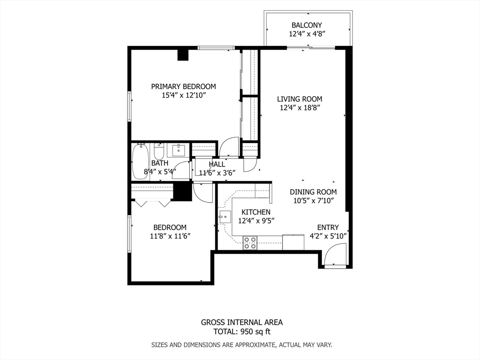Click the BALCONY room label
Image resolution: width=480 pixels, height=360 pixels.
307,25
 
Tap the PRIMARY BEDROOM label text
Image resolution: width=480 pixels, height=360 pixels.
183,87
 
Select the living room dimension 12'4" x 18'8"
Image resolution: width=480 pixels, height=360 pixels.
300,108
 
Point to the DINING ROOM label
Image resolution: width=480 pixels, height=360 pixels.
313,192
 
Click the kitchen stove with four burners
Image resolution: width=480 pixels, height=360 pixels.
250,243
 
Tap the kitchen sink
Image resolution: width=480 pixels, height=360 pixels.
225,217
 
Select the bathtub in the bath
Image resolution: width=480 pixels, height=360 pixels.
140,162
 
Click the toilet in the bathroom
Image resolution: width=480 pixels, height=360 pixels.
159,151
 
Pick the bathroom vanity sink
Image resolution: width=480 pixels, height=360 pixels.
179,150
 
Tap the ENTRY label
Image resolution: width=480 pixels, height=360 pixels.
328,227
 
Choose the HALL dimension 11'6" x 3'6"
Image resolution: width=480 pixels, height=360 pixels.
217,173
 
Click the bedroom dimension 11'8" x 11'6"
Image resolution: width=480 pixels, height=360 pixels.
170,236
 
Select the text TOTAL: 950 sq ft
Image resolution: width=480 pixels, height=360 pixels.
242,331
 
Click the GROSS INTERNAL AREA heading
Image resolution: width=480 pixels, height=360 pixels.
242,322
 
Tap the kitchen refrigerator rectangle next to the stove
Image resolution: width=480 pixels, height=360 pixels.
293,242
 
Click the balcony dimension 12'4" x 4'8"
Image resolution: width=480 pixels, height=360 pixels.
307,34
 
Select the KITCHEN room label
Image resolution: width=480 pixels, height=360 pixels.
256,212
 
